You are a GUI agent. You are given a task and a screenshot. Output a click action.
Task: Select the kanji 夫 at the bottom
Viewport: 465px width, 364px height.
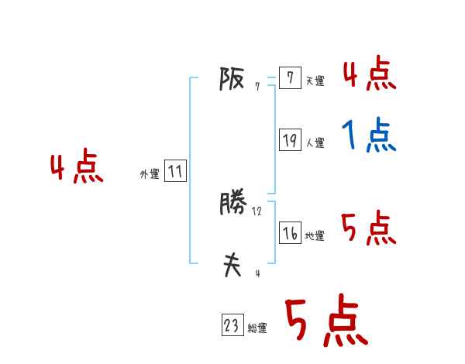click(232, 266)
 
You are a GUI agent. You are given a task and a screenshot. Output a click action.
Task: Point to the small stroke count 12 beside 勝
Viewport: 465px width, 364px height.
click(257, 211)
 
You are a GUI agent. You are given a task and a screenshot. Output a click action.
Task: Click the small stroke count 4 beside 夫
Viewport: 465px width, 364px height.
click(257, 273)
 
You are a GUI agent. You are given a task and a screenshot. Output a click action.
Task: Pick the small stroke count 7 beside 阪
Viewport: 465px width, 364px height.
click(257, 87)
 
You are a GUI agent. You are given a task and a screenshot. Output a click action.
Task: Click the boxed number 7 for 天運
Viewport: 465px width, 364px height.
click(289, 78)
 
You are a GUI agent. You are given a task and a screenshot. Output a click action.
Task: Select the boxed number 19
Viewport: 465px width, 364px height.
click(289, 140)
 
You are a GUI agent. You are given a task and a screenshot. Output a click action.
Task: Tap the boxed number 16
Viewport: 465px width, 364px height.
click(289, 233)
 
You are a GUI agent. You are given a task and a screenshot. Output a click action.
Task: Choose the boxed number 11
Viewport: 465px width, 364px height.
click(175, 171)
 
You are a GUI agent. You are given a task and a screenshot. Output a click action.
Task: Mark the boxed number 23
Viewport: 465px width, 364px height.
click(232, 326)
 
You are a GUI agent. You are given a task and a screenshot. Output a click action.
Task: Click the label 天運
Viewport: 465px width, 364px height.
click(315, 81)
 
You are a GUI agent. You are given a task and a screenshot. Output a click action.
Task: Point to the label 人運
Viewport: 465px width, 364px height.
click(315, 143)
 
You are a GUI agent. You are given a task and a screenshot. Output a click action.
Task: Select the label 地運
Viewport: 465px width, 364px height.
click(315, 236)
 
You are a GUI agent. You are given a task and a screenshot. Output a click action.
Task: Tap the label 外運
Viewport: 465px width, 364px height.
click(150, 174)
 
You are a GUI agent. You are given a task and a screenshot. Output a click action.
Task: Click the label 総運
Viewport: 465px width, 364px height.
click(257, 329)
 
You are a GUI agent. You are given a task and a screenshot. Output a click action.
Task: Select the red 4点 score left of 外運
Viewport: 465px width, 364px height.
click(77, 169)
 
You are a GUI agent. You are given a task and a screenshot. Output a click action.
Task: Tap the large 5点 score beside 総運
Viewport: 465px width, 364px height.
click(325, 321)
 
